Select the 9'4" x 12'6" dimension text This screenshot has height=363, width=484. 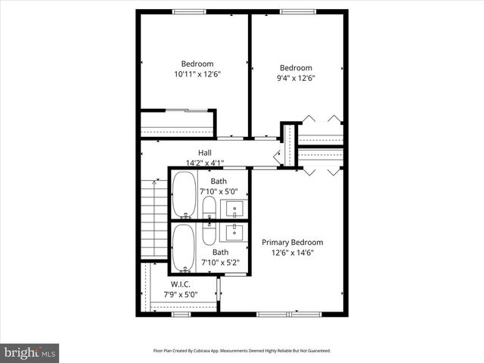(296, 78)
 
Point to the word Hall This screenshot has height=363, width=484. (205, 152)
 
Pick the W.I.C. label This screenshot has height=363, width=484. (180, 284)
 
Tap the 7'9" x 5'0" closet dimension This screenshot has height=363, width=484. (180, 294)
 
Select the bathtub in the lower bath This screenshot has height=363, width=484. (184, 247)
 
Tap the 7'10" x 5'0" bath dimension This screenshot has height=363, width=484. (219, 192)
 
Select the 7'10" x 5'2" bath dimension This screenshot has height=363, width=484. (220, 262)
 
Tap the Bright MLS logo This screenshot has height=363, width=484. (30, 352)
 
